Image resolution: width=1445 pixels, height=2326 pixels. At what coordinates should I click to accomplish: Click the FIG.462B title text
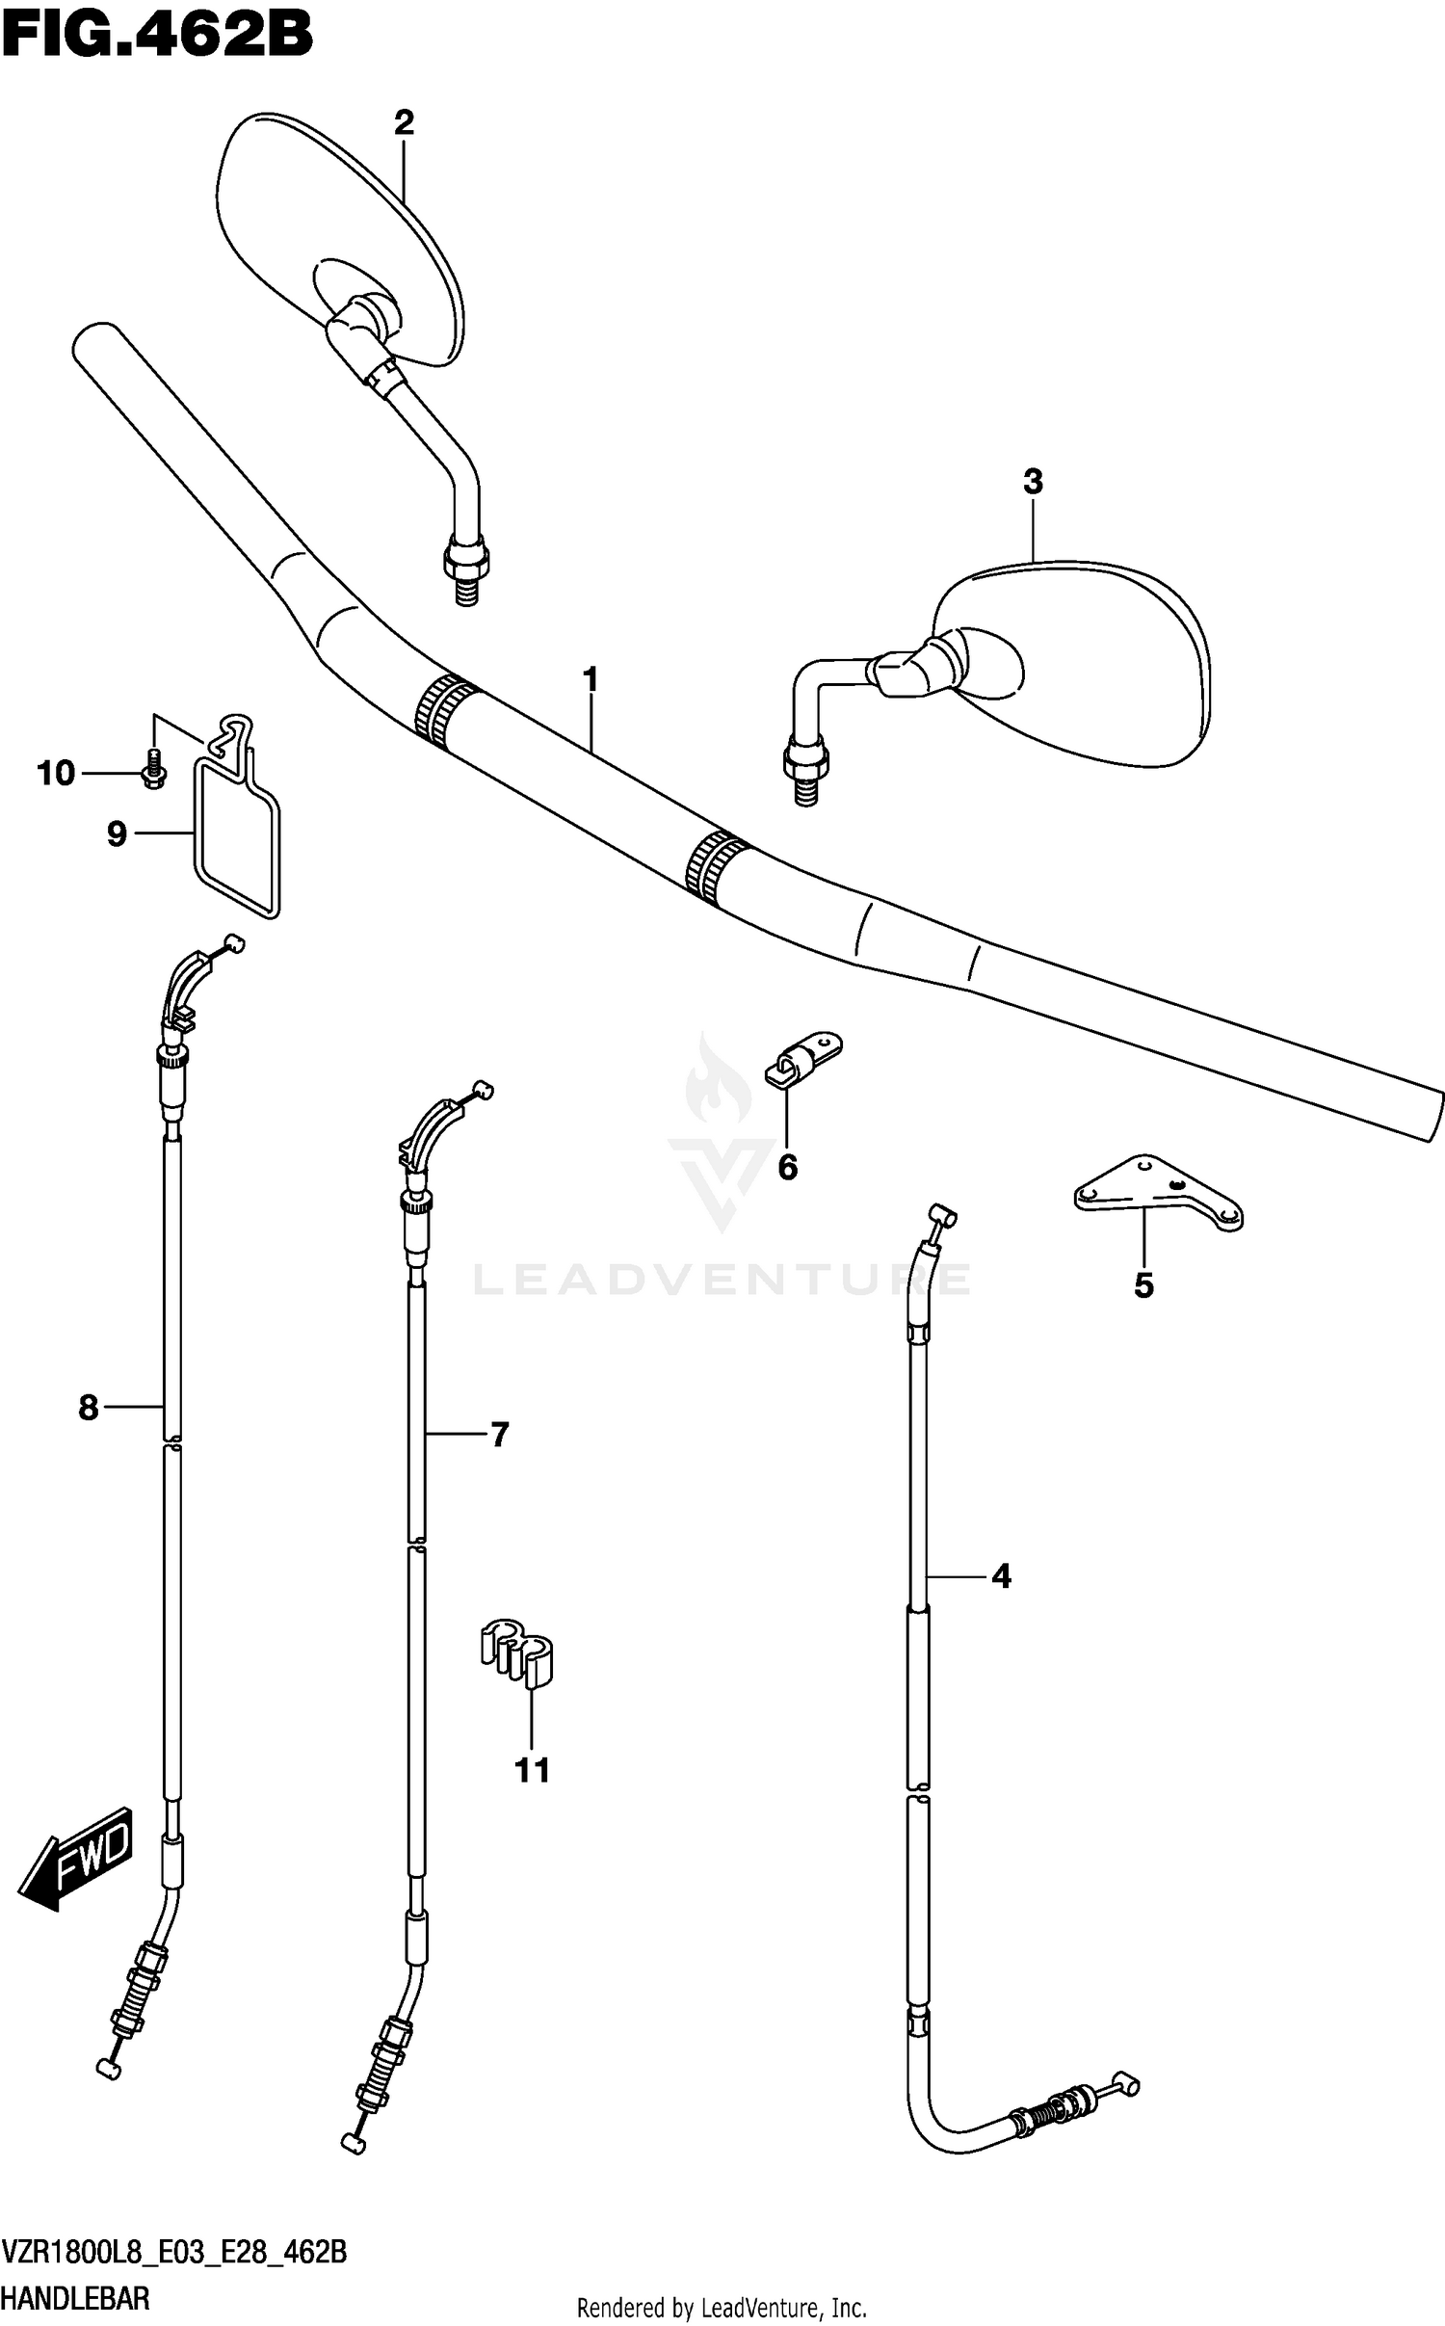tap(157, 37)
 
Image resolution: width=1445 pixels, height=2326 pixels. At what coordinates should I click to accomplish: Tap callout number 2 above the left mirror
tap(404, 122)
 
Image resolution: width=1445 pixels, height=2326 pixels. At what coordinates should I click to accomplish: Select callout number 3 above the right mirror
tap(1033, 482)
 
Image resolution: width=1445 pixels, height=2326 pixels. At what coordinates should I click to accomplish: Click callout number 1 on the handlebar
tap(591, 680)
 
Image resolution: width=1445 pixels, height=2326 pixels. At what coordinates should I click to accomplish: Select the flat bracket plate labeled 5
tap(1156, 1195)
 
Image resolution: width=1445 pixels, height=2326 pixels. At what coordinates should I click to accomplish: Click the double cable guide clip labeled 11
tap(517, 1653)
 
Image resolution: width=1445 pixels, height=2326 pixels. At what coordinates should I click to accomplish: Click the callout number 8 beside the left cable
tap(89, 1409)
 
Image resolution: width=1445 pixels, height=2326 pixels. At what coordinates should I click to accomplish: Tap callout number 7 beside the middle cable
tap(498, 1436)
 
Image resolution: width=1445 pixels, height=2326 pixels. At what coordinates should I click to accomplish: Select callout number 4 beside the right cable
tap(1001, 1576)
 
